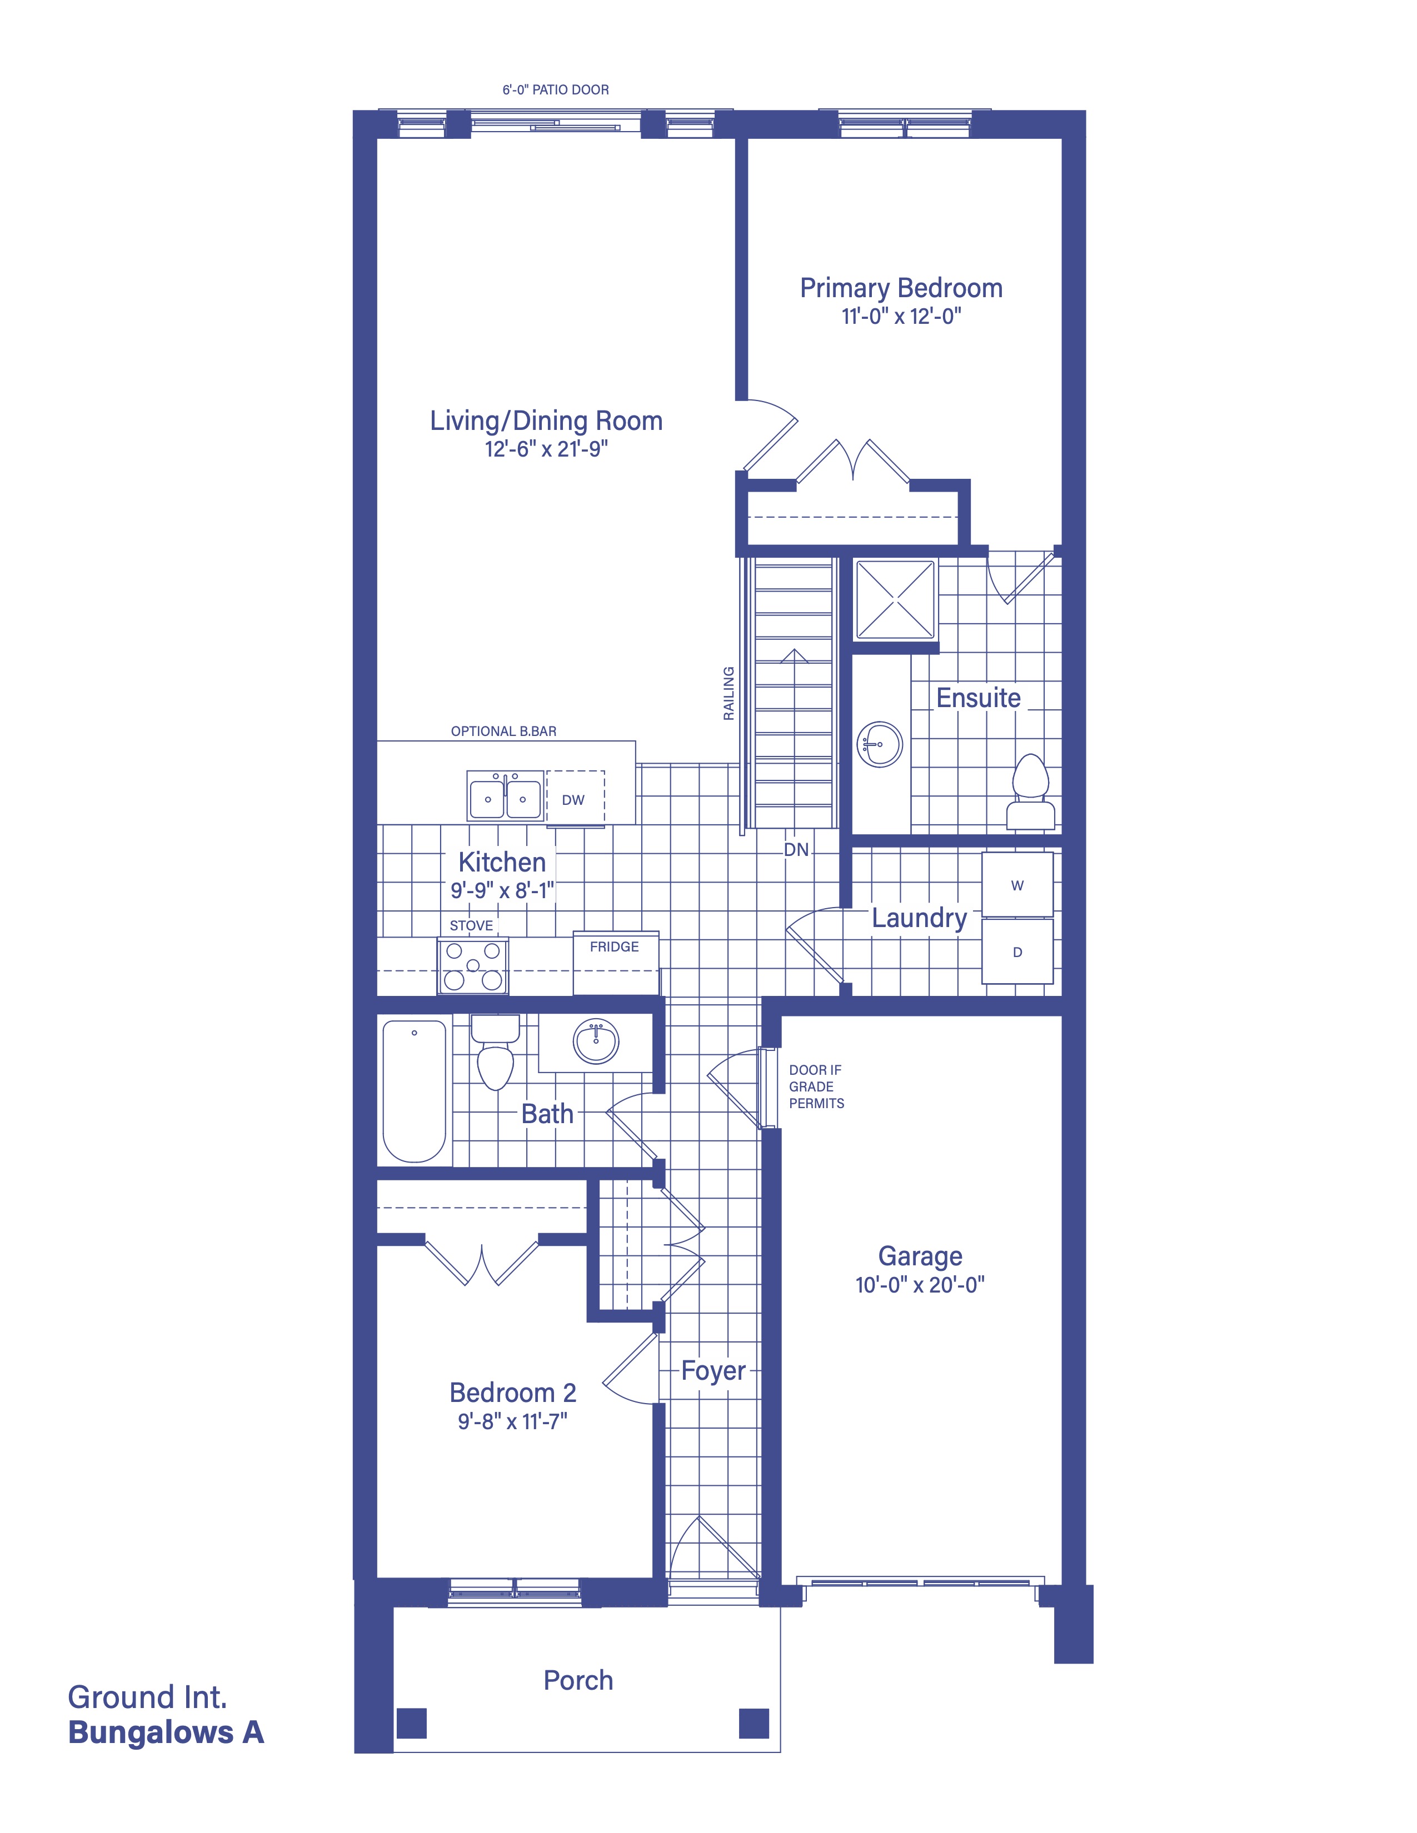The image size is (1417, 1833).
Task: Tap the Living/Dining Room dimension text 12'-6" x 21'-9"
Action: pyautogui.click(x=546, y=449)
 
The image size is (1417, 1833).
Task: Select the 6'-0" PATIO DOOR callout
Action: pyautogui.click(x=556, y=90)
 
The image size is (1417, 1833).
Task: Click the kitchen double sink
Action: pyautogui.click(x=505, y=795)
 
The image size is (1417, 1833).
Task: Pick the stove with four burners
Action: pyautogui.click(x=473, y=966)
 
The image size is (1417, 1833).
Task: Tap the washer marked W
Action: pyautogui.click(x=1017, y=885)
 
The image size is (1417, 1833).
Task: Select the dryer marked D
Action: pyautogui.click(x=1017, y=951)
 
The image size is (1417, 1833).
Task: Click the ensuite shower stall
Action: pyautogui.click(x=895, y=600)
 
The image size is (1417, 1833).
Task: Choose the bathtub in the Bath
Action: pyautogui.click(x=415, y=1090)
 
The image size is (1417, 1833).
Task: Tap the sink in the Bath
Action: pyautogui.click(x=596, y=1041)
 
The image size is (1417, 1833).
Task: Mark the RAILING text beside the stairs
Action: pyautogui.click(x=729, y=693)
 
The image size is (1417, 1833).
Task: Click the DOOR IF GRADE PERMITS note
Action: pyautogui.click(x=816, y=1087)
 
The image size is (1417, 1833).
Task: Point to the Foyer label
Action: pyautogui.click(x=714, y=1370)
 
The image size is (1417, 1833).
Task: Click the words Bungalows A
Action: pyautogui.click(x=166, y=1732)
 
